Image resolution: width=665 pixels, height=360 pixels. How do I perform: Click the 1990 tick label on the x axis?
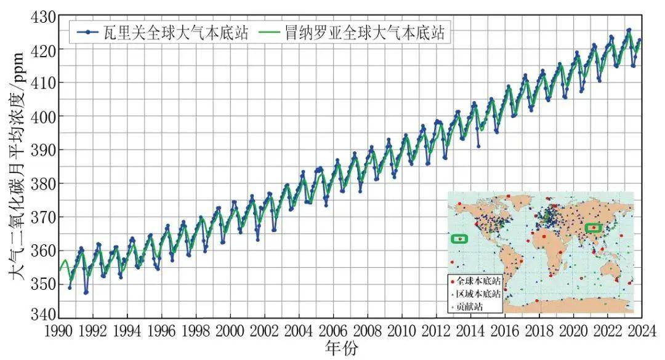tap(58, 331)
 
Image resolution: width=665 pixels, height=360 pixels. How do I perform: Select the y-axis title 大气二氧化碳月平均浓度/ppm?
tap(17, 166)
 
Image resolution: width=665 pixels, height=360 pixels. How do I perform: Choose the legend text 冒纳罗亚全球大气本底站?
tap(363, 33)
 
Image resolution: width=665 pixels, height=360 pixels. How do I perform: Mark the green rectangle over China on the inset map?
tap(594, 228)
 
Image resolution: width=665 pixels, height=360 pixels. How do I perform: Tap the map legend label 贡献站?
tap(475, 304)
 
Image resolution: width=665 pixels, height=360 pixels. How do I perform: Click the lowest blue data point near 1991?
tap(86, 292)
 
